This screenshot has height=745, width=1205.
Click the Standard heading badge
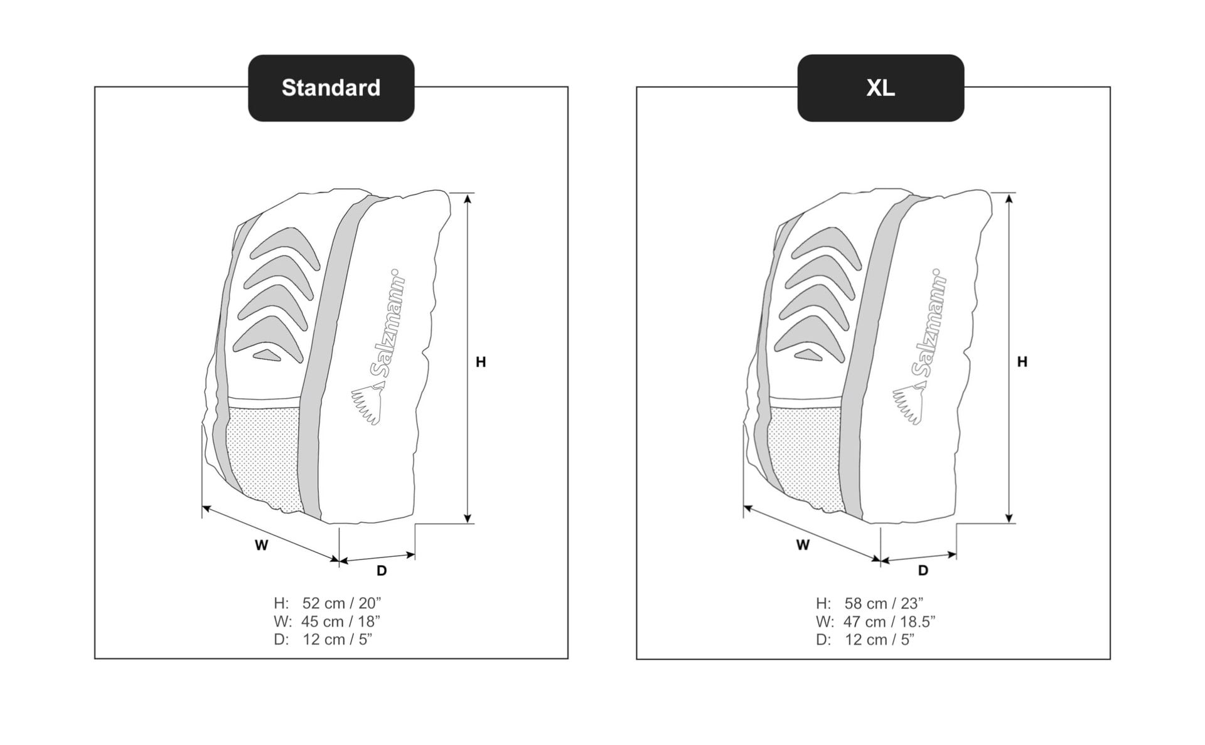pyautogui.click(x=331, y=88)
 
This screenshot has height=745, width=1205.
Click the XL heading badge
pyautogui.click(x=881, y=88)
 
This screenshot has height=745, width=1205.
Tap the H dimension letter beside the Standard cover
pyautogui.click(x=481, y=362)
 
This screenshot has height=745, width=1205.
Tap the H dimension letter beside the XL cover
pyautogui.click(x=1022, y=362)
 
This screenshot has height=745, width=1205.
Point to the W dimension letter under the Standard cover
pyautogui.click(x=261, y=546)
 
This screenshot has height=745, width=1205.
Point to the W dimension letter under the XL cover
pyautogui.click(x=803, y=545)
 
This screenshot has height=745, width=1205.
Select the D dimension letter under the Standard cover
pyautogui.click(x=382, y=571)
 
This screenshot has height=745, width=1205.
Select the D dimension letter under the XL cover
pyautogui.click(x=923, y=571)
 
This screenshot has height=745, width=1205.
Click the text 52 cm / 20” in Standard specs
pyautogui.click(x=341, y=603)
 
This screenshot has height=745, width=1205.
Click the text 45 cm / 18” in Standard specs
pyautogui.click(x=341, y=621)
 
